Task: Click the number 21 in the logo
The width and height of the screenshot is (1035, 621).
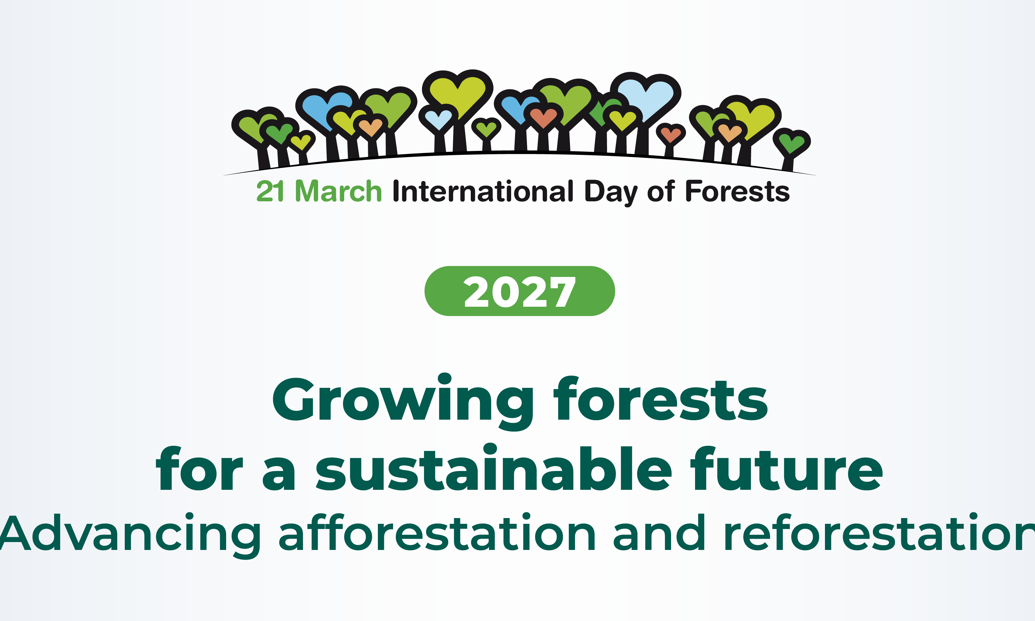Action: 270,191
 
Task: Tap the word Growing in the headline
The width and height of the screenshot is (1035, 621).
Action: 403,402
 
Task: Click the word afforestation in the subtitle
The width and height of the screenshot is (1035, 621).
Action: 437,531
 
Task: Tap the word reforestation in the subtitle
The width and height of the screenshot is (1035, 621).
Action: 880,531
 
